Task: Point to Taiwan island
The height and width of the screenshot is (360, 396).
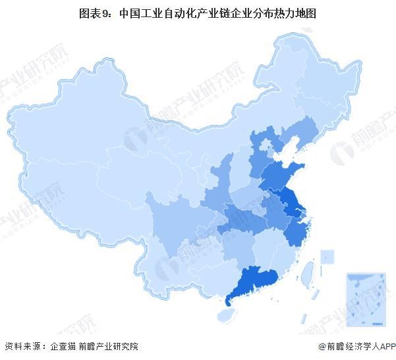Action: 307,272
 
